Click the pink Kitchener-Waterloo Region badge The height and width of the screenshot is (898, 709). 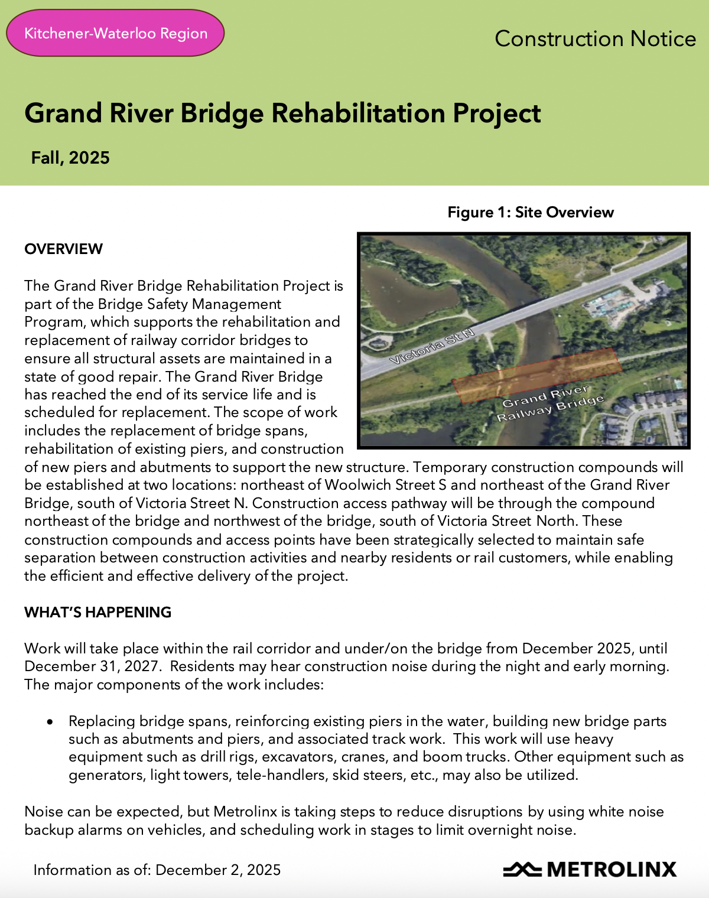[x=115, y=33]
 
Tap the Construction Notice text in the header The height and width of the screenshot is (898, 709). [x=595, y=39]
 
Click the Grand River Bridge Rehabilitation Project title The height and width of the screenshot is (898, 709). [x=282, y=113]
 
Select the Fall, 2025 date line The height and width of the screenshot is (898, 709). [x=70, y=158]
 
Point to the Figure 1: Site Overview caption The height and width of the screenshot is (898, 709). [x=531, y=212]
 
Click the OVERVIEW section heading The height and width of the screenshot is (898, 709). [x=63, y=249]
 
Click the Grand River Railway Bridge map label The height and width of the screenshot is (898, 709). [x=549, y=404]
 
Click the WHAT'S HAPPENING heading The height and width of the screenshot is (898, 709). [x=97, y=612]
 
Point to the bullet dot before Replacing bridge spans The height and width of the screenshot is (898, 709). [x=50, y=722]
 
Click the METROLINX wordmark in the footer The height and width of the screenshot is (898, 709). [x=612, y=870]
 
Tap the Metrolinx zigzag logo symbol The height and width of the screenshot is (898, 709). [x=522, y=870]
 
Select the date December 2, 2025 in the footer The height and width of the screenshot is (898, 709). [x=218, y=870]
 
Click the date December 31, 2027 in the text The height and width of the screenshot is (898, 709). [x=92, y=666]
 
